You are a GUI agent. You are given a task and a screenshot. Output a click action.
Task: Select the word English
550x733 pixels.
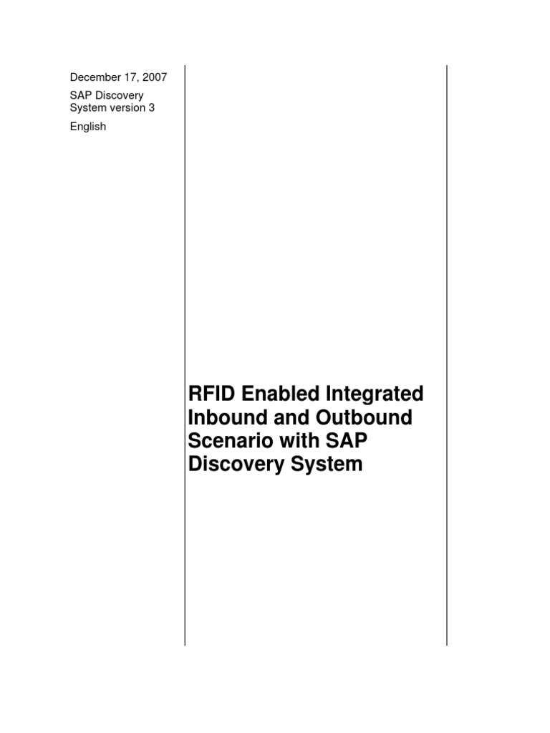tap(87, 127)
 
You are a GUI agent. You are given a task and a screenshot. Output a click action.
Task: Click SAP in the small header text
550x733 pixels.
tap(79, 95)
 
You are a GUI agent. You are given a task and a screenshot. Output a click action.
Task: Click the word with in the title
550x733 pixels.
tap(304, 441)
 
